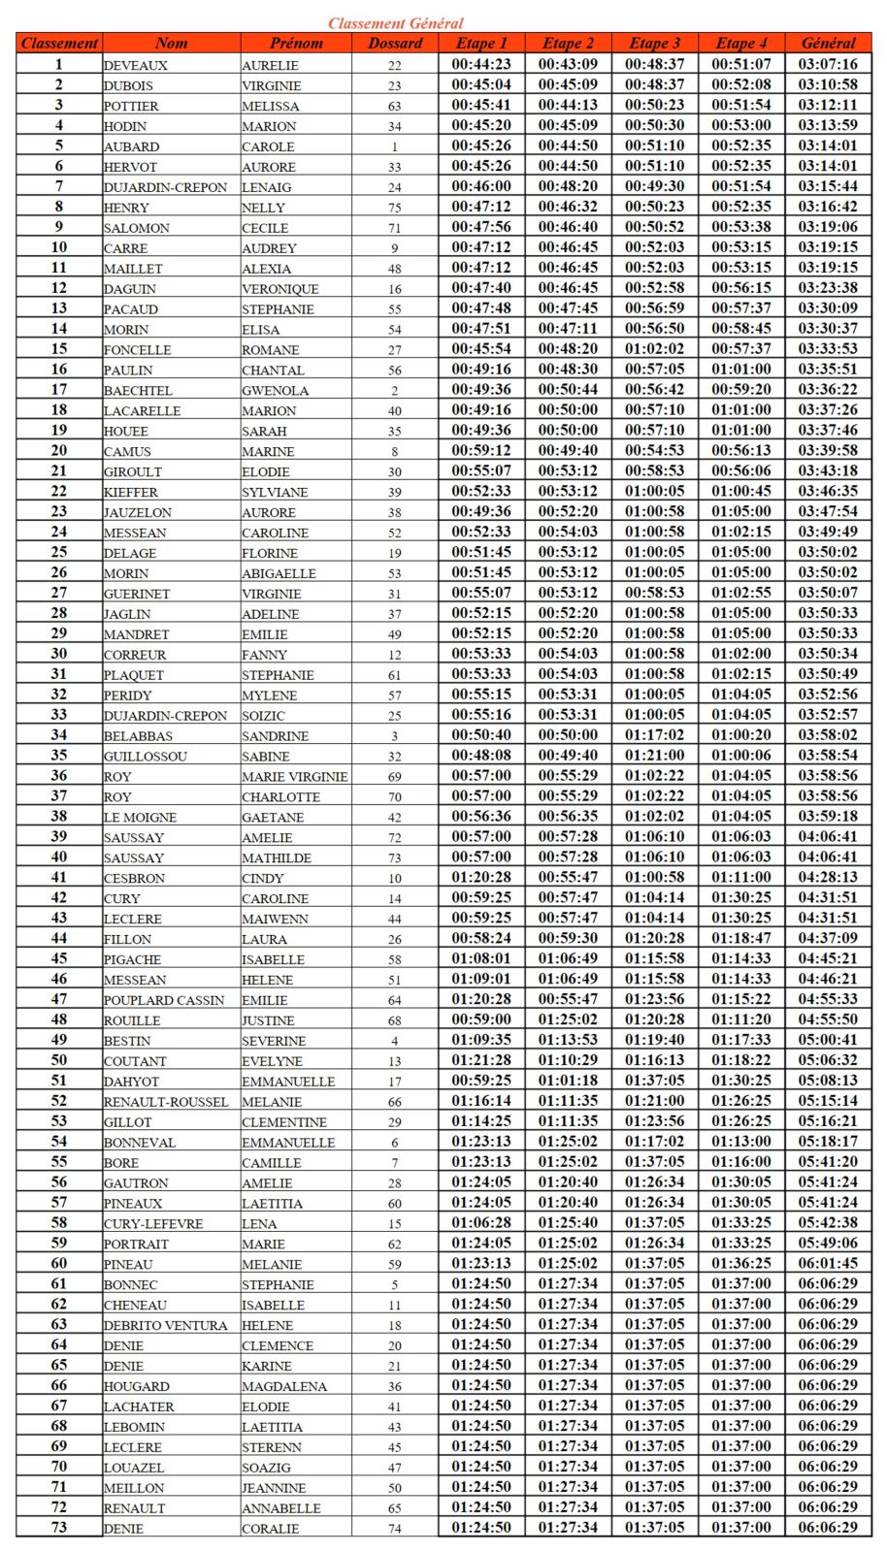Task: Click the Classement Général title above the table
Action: [395, 22]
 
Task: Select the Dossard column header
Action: [395, 43]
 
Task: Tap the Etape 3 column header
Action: [655, 43]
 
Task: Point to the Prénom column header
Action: [296, 43]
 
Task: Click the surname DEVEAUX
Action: [136, 65]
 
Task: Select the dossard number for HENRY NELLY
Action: [395, 208]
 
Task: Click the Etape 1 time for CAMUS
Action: [481, 450]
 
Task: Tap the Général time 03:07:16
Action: [828, 64]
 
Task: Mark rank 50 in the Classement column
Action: [59, 1060]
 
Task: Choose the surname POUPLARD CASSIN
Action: [164, 1000]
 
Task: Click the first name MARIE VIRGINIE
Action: [295, 777]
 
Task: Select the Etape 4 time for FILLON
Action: [741, 938]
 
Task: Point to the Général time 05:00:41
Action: [828, 1040]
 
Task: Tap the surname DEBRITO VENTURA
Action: [166, 1325]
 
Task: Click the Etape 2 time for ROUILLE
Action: [569, 1019]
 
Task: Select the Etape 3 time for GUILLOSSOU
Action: [655, 755]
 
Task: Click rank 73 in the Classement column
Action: [59, 1528]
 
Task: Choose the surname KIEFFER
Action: [131, 492]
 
